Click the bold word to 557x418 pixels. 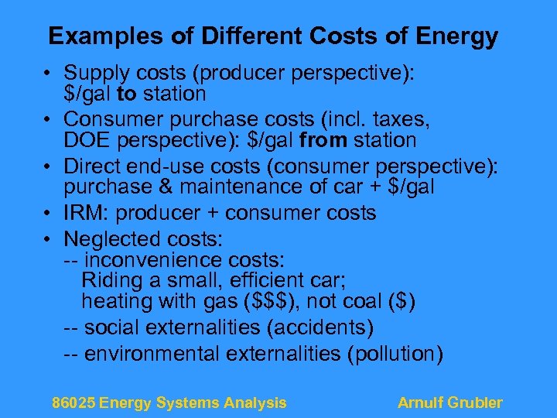128,94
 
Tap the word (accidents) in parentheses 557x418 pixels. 320,328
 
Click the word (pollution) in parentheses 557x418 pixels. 395,354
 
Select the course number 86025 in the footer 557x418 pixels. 73,403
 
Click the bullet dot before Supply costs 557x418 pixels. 48,74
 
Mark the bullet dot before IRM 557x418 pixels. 48,213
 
